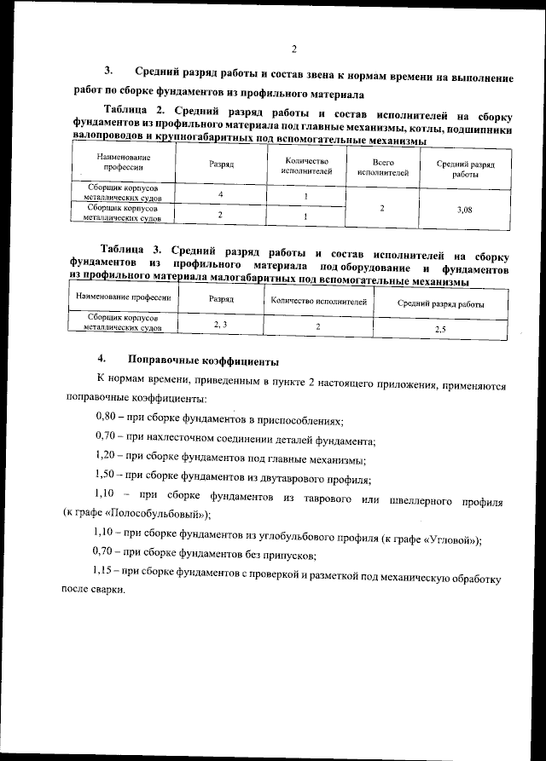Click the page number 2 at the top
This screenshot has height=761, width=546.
point(293,48)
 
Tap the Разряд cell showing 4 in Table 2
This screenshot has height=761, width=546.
point(220,194)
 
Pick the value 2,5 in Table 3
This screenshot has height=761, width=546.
point(440,328)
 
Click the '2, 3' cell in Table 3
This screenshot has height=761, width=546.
point(220,325)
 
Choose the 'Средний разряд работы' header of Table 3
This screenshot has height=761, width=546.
point(441,303)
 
